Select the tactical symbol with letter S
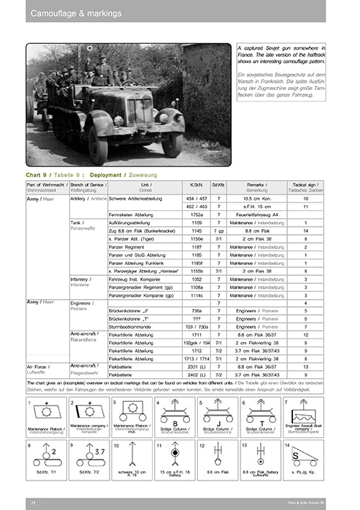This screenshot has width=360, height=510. click(x=306, y=457)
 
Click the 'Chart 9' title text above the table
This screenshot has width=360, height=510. click(x=38, y=175)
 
